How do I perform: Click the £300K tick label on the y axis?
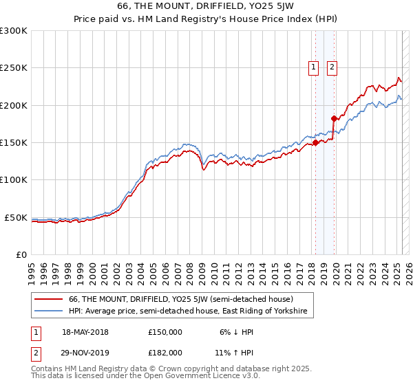pos(14,31)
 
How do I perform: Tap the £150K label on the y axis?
pos(14,143)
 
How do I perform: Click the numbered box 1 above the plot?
pos(314,67)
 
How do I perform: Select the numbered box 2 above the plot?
pos(332,67)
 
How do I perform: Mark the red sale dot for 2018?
pos(315,143)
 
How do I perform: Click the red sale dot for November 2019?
pos(334,118)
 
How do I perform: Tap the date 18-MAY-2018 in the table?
pos(85,332)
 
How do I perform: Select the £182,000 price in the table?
pos(165,352)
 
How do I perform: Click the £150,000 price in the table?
pos(165,332)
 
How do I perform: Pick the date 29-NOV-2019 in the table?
pos(85,352)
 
